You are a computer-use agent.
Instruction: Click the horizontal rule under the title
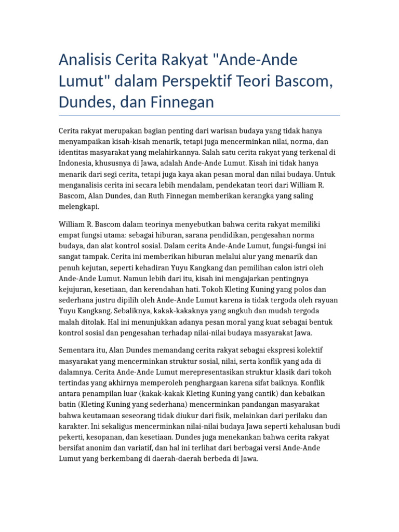(x=199, y=115)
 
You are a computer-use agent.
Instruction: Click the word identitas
(x=74, y=153)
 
